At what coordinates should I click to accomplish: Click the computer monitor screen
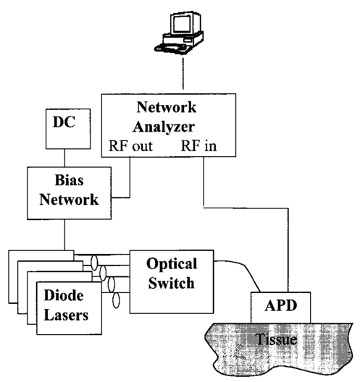(182, 24)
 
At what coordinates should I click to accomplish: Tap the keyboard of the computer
(173, 48)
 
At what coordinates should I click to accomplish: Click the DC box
(68, 129)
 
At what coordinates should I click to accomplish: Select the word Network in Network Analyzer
(167, 107)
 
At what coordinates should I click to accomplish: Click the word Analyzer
(164, 127)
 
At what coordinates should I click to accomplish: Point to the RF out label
(130, 146)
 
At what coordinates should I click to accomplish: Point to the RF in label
(198, 146)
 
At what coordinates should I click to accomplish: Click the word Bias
(70, 180)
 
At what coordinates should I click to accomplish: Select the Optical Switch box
(172, 281)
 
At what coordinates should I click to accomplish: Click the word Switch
(172, 283)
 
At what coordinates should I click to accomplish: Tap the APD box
(281, 307)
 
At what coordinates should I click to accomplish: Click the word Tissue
(277, 339)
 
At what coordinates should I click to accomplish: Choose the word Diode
(64, 295)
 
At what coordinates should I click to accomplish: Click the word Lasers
(66, 315)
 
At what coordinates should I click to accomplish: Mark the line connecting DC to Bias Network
(64, 158)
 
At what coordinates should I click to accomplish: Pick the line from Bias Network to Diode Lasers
(64, 235)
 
